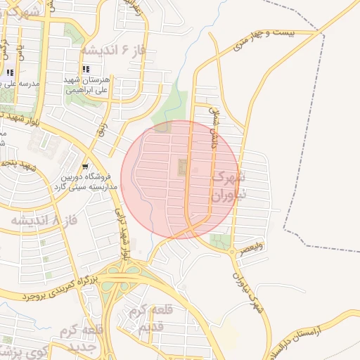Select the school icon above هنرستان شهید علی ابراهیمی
click(x=86, y=70)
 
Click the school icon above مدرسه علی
click(x=10, y=72)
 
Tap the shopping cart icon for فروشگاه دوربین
click(x=85, y=167)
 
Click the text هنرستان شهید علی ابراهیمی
click(x=86, y=85)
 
